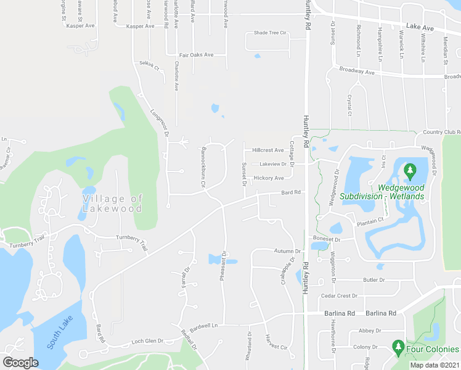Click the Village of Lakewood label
pyautogui.click(x=112, y=203)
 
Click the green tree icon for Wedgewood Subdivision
pyautogui.click(x=409, y=169)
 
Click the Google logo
pyautogui.click(x=20, y=362)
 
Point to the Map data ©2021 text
pyautogui.click(x=434, y=365)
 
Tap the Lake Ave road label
pyautogui.click(x=420, y=28)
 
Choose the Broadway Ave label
pyautogui.click(x=357, y=72)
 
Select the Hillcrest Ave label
pyautogui.click(x=267, y=150)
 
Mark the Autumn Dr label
pyautogui.click(x=287, y=251)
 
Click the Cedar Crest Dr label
pyautogui.click(x=339, y=296)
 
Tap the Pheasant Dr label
pyautogui.click(x=224, y=266)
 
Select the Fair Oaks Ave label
pyautogui.click(x=196, y=55)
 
